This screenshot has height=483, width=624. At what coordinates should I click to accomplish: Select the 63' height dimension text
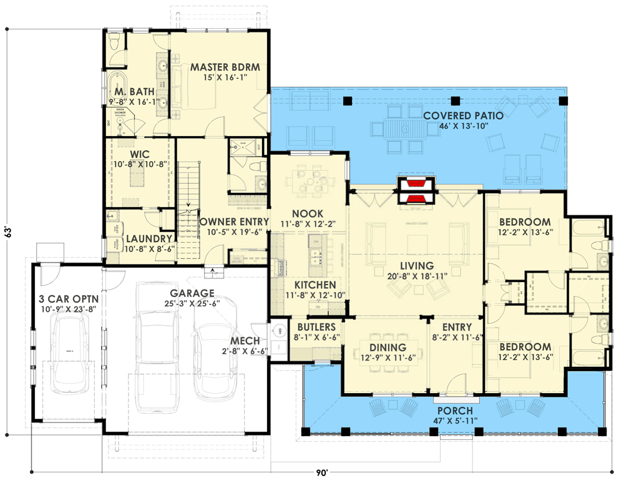click(9, 232)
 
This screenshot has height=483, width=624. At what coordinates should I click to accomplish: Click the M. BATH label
click(130, 92)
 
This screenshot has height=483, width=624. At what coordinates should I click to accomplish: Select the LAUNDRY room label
click(149, 238)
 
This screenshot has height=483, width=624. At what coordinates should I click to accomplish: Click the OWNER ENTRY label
click(234, 222)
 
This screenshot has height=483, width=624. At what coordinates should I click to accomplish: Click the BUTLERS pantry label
click(316, 327)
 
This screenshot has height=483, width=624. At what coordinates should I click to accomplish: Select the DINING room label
click(388, 348)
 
